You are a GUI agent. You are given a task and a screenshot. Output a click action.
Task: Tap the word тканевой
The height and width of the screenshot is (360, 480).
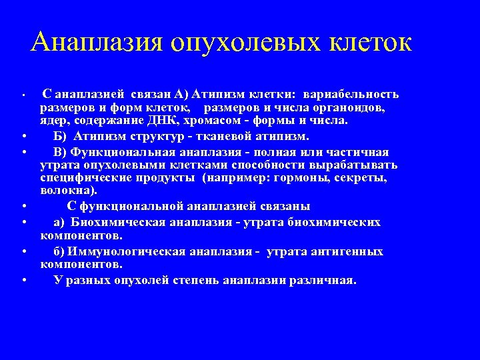(x=235, y=136)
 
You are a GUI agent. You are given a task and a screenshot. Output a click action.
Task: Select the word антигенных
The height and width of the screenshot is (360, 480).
(x=347, y=251)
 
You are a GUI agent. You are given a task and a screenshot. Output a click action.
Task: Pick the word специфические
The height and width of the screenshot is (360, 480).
(x=82, y=179)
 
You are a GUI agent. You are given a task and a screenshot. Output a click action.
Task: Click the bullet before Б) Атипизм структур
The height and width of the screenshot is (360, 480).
(x=24, y=137)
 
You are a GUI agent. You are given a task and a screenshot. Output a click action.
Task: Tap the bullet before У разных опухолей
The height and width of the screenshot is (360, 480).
(x=24, y=280)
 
